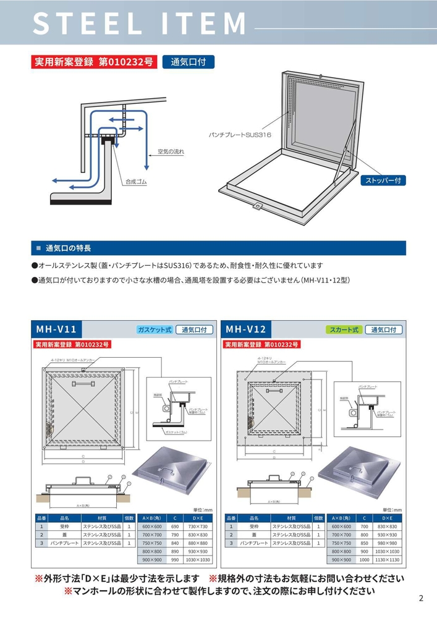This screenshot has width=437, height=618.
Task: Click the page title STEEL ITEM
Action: point(140,23)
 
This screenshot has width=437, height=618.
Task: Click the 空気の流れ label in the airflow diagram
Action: point(171,151)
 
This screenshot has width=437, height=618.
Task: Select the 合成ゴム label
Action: point(137,182)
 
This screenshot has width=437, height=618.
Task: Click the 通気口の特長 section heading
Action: point(68,248)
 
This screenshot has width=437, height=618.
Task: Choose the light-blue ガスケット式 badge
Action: point(154,330)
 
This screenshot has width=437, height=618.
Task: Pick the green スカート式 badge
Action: point(344,330)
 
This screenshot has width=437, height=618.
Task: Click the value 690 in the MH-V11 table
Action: point(175,526)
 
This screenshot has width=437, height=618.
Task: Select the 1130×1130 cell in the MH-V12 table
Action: point(387,559)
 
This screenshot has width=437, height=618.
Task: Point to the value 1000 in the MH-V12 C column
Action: point(364,559)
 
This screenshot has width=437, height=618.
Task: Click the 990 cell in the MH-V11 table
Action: point(175,559)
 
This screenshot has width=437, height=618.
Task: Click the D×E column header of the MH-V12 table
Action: point(387,518)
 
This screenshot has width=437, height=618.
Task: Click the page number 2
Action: point(421,598)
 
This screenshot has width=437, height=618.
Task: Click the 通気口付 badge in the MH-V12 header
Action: point(383,330)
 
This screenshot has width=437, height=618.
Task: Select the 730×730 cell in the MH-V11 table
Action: point(198,526)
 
